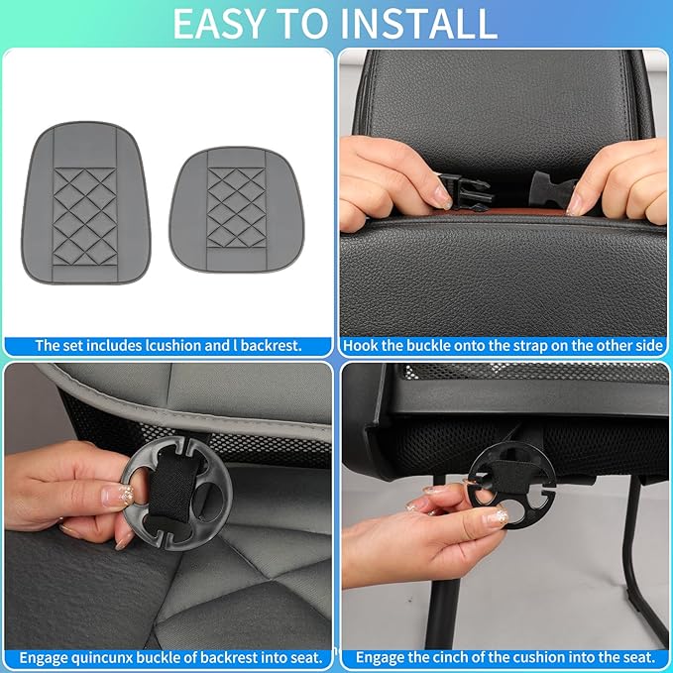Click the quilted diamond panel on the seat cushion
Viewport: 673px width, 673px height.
pos(237,206)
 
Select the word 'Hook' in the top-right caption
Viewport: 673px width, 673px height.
pos(363,346)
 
